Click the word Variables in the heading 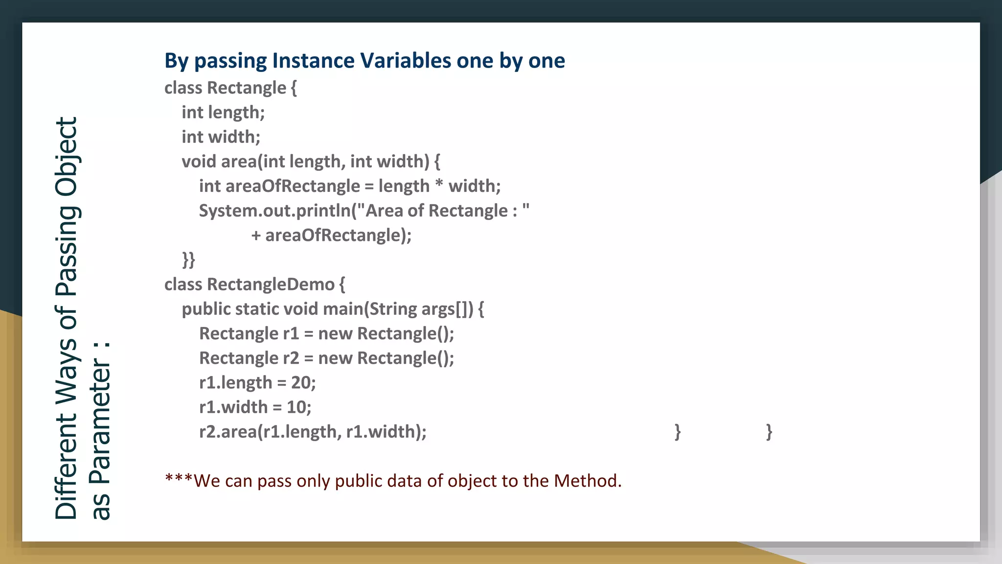pyautogui.click(x=406, y=61)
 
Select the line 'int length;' pyautogui.click(x=223, y=113)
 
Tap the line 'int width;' pyautogui.click(x=221, y=137)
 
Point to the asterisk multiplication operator pyautogui.click(x=439, y=185)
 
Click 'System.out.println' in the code pyautogui.click(x=275, y=211)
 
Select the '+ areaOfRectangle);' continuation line pyautogui.click(x=331, y=235)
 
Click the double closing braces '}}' pyautogui.click(x=188, y=259)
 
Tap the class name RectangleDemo pyautogui.click(x=271, y=284)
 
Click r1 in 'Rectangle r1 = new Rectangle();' pyautogui.click(x=291, y=334)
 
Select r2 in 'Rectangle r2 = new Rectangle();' pyautogui.click(x=291, y=358)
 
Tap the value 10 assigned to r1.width pyautogui.click(x=296, y=407)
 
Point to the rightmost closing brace pyautogui.click(x=769, y=432)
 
